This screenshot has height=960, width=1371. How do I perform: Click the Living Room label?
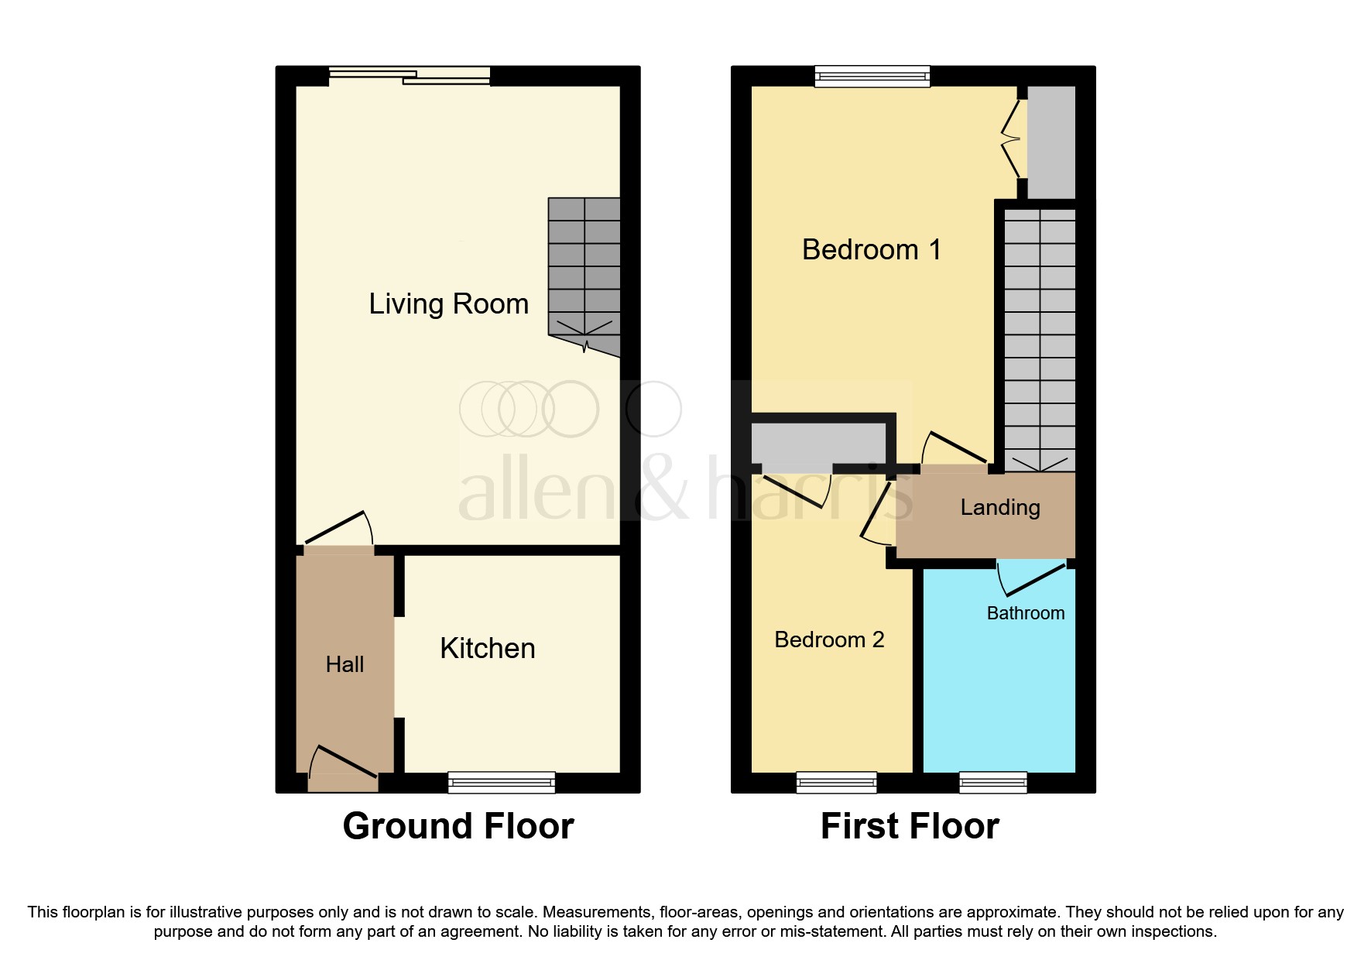click(448, 304)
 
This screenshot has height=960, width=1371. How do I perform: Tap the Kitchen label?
click(487, 649)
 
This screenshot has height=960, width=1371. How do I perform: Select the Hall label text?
click(344, 664)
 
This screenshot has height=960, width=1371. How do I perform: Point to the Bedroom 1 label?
click(871, 250)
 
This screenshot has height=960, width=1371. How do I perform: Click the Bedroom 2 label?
click(828, 639)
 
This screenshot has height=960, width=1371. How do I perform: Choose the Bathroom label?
click(1025, 613)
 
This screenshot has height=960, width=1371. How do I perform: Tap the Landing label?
click(999, 507)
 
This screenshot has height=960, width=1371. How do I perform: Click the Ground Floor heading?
click(458, 826)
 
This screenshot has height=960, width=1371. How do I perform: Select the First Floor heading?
click(910, 826)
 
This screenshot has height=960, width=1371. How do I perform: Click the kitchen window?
click(502, 783)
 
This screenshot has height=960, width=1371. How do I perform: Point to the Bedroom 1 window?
click(872, 76)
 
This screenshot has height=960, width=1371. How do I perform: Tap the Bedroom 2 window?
click(836, 783)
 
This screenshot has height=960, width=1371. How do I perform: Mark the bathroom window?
click(992, 783)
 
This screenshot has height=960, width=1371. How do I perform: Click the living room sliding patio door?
click(410, 75)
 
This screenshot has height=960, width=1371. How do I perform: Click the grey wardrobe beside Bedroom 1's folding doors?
click(1051, 142)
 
